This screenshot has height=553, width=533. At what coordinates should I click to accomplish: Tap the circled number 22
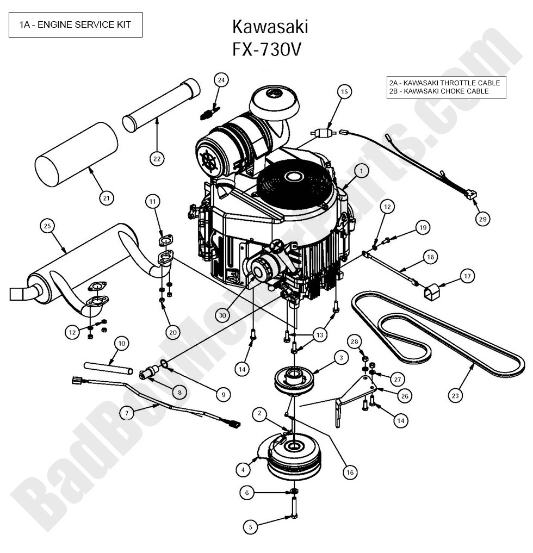coord(157,158)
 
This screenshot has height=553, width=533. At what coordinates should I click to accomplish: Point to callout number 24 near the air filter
coord(220,80)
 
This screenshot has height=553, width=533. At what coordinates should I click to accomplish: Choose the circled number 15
coord(344,91)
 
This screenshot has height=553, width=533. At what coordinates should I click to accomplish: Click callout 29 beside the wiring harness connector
coord(481,219)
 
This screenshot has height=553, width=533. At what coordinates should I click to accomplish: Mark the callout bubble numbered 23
coord(455,395)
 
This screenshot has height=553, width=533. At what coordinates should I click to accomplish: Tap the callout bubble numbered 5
coord(250,526)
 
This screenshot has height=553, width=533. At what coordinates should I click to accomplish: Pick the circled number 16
coord(350,473)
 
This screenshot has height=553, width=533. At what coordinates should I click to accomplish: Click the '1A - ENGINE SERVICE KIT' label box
coord(75,24)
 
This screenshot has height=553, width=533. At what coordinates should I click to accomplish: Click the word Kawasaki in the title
coord(270,26)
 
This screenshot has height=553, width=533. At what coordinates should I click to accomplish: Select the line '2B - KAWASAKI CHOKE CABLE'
coord(439,91)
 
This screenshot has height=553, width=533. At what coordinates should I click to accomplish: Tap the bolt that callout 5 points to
coord(294,509)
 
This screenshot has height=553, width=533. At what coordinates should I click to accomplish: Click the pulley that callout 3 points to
coord(294,379)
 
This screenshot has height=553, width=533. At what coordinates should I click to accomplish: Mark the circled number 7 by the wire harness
coord(127,413)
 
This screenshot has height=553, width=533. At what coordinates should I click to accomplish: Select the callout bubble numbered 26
coord(403,396)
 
